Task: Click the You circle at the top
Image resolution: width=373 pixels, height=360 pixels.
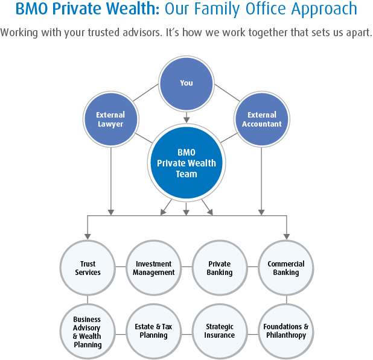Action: click(186, 83)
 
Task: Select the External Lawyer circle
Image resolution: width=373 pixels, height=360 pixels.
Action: click(110, 119)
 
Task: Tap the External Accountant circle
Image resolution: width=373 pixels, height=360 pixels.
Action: click(261, 119)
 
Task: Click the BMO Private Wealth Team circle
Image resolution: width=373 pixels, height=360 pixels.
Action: click(186, 163)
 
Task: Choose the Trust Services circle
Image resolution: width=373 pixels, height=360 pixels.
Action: click(88, 268)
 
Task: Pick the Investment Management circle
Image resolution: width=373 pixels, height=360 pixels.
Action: click(154, 268)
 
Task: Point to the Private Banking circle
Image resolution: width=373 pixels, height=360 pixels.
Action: click(219, 268)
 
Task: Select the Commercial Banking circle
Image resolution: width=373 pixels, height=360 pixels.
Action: click(286, 268)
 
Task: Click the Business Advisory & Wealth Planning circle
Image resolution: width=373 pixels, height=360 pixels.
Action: click(88, 332)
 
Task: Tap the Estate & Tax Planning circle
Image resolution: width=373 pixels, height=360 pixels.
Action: click(154, 331)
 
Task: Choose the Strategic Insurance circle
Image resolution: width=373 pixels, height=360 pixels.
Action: click(219, 331)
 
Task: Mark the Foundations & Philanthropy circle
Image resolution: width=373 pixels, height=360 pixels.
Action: click(286, 331)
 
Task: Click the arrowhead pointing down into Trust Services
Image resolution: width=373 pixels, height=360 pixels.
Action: click(88, 235)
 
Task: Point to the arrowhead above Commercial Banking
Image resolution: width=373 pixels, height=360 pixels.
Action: click(286, 235)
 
